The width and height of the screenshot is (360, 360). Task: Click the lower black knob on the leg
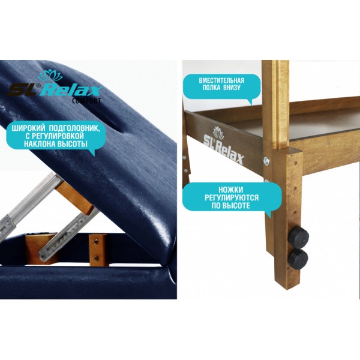point(298,258)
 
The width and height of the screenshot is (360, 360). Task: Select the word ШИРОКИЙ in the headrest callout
point(28,128)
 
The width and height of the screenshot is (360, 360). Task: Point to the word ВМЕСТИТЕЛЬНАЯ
point(221,80)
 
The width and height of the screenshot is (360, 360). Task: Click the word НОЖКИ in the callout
point(231,190)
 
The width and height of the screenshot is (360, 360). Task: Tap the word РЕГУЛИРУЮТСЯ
point(232,197)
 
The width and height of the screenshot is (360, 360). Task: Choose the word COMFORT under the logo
point(86,101)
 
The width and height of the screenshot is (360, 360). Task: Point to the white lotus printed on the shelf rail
point(218,133)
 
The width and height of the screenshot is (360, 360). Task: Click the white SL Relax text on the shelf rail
point(223,150)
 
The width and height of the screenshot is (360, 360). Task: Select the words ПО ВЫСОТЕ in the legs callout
point(231,205)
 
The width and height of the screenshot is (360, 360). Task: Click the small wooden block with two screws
point(97,250)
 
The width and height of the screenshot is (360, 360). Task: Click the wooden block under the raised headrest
point(74,197)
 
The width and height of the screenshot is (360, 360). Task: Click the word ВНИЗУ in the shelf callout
point(232,88)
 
